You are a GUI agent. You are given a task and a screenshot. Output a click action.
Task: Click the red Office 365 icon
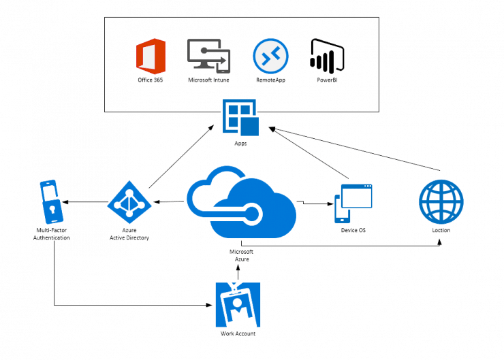click(x=151, y=56)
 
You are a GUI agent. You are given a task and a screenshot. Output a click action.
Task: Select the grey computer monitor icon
click(x=209, y=56)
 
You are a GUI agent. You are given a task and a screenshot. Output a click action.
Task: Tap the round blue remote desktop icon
click(x=270, y=56)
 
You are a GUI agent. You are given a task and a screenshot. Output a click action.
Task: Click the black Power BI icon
click(x=327, y=55)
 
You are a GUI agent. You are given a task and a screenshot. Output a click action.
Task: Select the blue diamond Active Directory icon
click(x=129, y=202)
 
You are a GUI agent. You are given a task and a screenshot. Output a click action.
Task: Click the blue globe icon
click(x=441, y=201)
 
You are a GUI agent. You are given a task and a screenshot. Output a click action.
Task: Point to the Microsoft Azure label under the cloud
click(x=242, y=255)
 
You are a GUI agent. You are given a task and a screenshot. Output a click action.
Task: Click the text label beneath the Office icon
click(x=151, y=81)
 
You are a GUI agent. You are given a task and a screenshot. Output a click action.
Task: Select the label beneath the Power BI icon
click(x=326, y=80)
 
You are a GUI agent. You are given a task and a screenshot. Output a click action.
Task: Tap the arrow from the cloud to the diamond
click(x=168, y=202)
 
